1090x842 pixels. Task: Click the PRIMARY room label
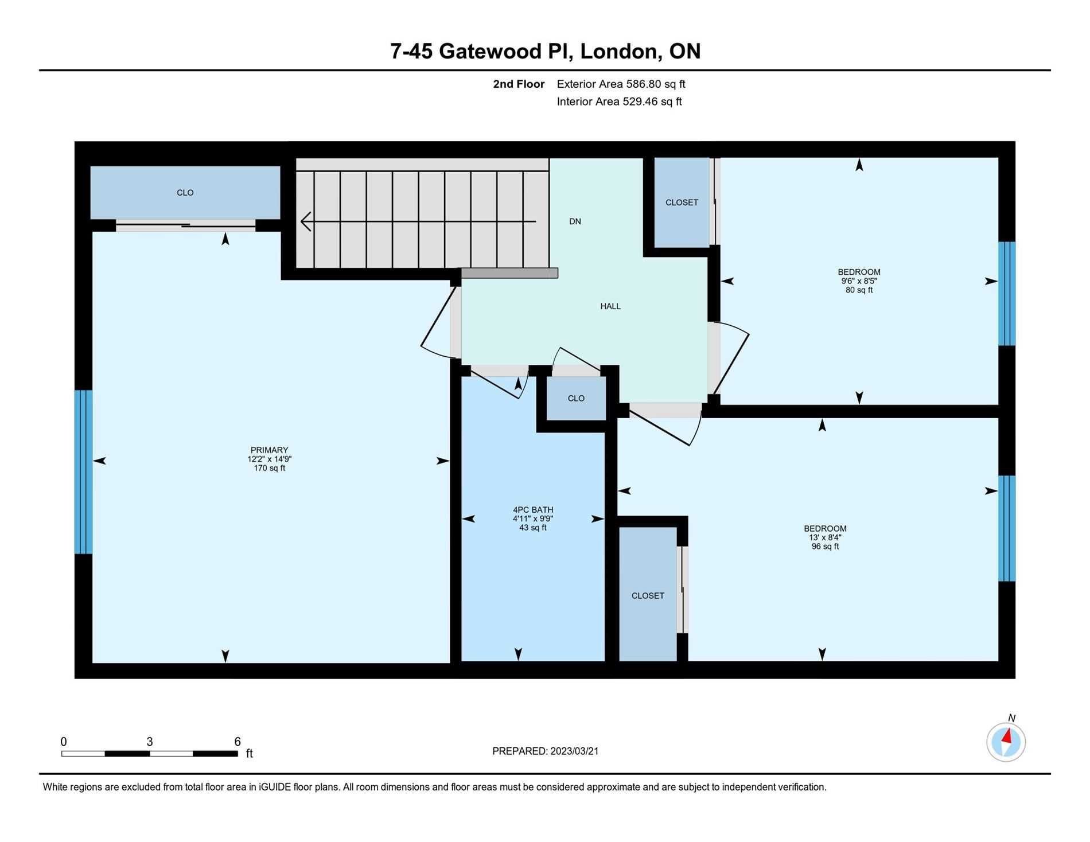(269, 450)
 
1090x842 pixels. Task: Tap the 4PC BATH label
(533, 510)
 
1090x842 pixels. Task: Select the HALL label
(610, 306)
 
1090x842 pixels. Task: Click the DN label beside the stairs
(575, 221)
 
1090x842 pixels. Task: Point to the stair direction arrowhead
(306, 221)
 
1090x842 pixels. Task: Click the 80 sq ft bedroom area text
(859, 290)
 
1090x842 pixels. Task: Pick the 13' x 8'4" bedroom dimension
(825, 537)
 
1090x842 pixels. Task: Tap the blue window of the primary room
(83, 472)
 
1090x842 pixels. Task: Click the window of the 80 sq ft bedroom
(1007, 294)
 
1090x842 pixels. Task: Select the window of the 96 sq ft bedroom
(1007, 528)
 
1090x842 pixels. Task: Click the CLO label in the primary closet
(185, 193)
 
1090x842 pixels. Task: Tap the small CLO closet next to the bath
(576, 398)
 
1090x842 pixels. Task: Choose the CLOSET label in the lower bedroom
(648, 596)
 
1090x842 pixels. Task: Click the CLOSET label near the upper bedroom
(682, 202)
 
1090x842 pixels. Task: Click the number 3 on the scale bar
(150, 742)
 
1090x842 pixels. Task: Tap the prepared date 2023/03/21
(574, 751)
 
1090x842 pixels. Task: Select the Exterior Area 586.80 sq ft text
(621, 84)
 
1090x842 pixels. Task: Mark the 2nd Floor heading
(519, 84)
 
